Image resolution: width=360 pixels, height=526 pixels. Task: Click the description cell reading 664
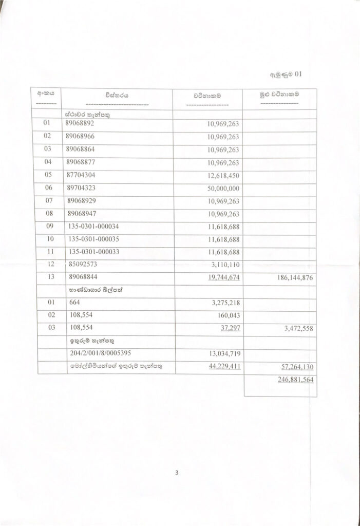pos(74,303)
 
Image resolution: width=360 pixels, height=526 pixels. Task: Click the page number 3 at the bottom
pos(176,473)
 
